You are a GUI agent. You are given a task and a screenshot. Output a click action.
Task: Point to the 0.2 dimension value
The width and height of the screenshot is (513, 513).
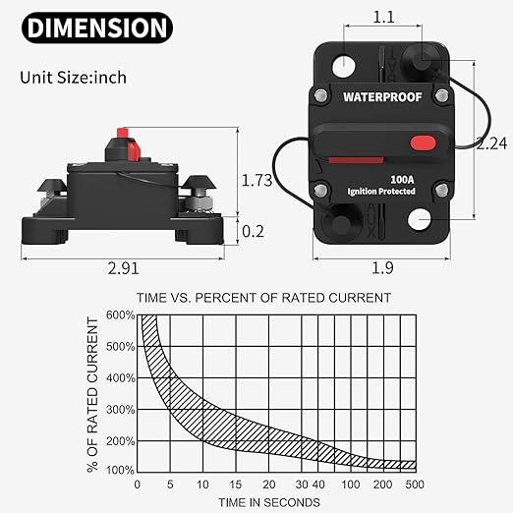click(x=253, y=232)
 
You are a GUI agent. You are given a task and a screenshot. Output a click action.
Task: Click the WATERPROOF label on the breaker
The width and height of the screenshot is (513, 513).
click(x=381, y=97)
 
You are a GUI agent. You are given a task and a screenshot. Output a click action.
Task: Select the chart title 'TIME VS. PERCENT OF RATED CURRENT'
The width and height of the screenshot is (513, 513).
click(x=264, y=297)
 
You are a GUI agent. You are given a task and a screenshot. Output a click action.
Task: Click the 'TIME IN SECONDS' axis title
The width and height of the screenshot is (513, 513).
click(x=271, y=502)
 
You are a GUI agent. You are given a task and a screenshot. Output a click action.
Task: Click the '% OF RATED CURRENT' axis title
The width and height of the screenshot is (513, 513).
click(x=94, y=393)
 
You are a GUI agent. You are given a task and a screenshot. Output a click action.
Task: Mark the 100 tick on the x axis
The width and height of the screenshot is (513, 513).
click(x=351, y=485)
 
